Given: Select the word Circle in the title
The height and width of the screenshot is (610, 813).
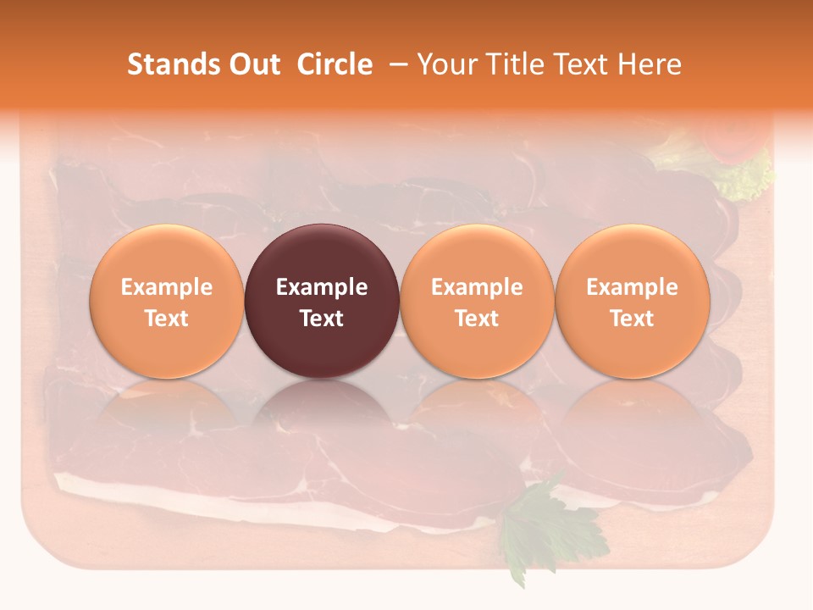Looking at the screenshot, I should pos(335,64).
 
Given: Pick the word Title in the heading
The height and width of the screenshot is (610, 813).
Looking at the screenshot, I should pos(517,64).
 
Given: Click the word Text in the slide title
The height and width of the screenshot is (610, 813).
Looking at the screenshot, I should pos(583,64).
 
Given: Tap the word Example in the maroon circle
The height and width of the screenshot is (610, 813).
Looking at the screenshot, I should pos(322,287).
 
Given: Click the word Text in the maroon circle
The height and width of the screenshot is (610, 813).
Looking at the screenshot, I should pos(322,319).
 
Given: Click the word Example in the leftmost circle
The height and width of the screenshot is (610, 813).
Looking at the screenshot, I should pos(166,287).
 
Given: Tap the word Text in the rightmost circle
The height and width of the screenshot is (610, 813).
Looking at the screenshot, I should pos(632,319).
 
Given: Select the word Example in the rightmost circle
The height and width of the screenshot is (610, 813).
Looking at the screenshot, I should pos(632,287).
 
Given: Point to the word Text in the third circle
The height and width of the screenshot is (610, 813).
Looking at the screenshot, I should pos(477,319).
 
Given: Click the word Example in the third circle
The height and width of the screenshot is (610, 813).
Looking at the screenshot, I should pos(477,287).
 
